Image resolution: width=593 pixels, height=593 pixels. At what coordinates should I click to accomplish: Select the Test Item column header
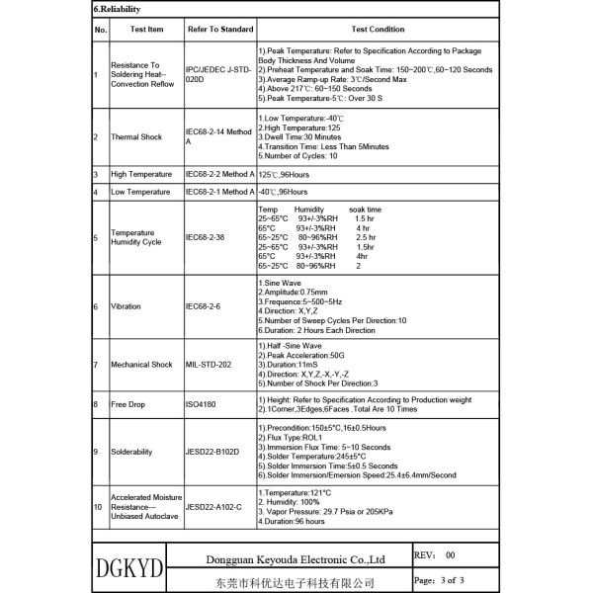(x=141, y=31)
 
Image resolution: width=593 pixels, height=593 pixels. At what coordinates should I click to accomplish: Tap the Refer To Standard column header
(x=218, y=31)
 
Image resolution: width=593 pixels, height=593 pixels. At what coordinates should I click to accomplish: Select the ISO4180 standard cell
(x=203, y=403)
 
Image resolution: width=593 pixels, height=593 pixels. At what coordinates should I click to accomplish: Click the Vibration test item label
(x=126, y=306)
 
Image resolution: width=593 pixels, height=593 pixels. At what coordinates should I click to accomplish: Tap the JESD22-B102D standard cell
(x=217, y=452)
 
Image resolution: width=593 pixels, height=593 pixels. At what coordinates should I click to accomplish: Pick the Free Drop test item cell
(x=129, y=403)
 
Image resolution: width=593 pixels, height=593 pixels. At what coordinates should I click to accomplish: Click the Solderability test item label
(x=131, y=452)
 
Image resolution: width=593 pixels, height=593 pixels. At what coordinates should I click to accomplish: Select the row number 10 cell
(x=98, y=506)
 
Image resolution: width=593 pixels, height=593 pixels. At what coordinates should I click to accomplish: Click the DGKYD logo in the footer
(x=130, y=569)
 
